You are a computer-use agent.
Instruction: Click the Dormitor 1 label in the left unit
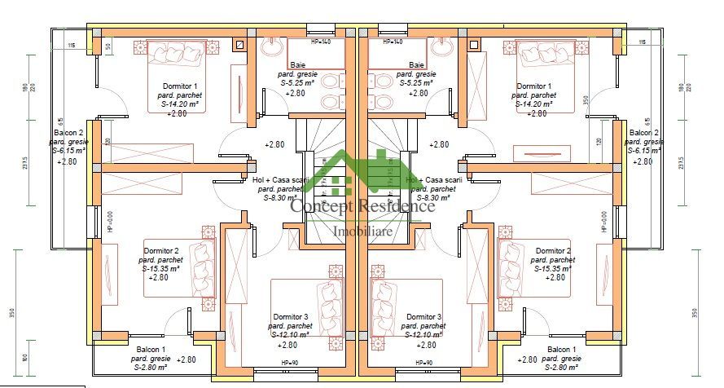pos(180,86)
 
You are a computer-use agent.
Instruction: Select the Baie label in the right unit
pos(416,64)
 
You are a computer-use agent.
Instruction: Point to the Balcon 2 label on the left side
pos(70,132)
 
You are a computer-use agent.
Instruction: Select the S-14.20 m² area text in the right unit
pos(533,104)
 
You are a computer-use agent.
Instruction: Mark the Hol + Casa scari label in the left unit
pos(281,179)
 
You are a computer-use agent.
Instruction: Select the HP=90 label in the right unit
pos(422,363)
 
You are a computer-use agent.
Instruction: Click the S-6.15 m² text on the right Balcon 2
pos(644,151)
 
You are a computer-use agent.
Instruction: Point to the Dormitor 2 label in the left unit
pos(160,250)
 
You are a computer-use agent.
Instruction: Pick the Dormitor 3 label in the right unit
pos(423,316)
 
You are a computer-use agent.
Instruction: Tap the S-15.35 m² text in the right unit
pos(552,268)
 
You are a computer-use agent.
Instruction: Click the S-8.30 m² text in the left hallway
pos(279,197)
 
